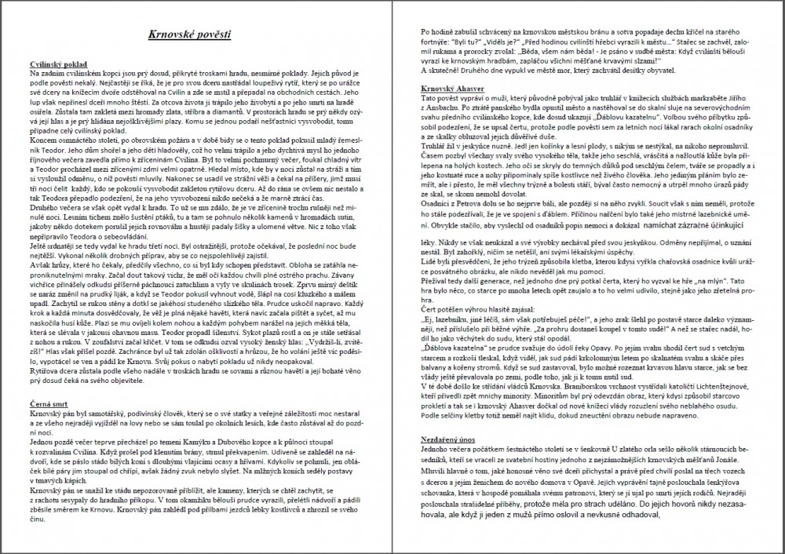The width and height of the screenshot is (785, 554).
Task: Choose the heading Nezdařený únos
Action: [449, 435]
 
